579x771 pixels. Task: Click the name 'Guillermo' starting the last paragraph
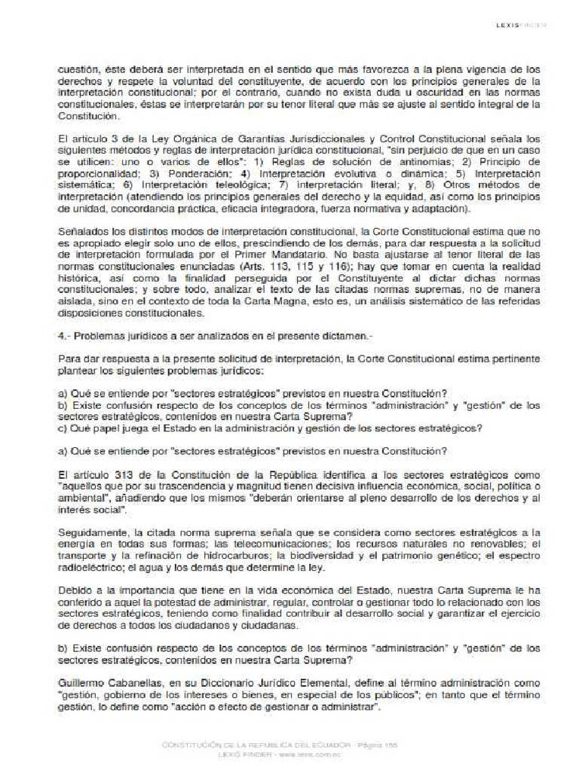pos(81,681)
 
